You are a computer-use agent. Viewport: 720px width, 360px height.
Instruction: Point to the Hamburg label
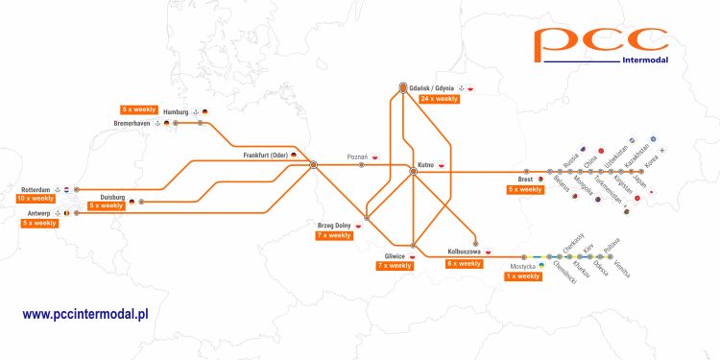click(x=176, y=111)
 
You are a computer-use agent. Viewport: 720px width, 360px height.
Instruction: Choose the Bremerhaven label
click(x=133, y=124)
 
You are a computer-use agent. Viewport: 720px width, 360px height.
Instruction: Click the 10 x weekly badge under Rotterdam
click(x=36, y=199)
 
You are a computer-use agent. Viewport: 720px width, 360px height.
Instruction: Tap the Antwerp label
click(x=38, y=212)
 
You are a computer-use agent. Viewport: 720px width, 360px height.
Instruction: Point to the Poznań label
click(x=357, y=156)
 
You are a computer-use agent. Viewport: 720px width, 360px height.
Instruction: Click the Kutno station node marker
click(x=413, y=171)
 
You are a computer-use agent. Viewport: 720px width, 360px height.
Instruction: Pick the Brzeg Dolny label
click(x=334, y=225)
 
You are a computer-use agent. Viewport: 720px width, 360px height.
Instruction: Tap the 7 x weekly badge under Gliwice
click(x=394, y=266)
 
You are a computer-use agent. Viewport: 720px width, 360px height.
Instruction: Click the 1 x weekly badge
click(x=522, y=276)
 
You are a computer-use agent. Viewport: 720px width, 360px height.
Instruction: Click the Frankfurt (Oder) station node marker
click(x=314, y=165)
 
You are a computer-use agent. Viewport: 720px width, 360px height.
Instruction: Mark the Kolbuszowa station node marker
click(x=475, y=242)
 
